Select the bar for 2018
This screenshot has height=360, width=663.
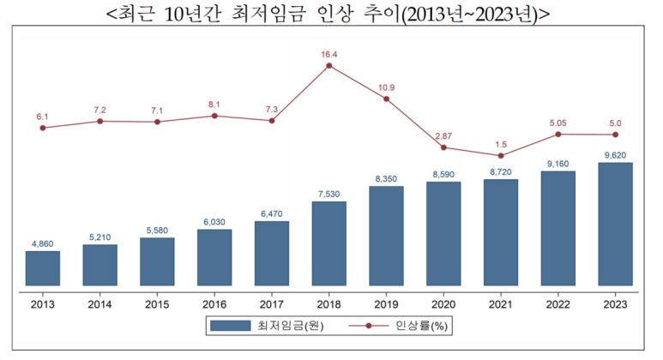[329, 243]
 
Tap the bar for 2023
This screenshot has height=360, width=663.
[615, 224]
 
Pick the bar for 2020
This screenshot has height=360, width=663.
[443, 233]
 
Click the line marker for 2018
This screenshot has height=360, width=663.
[329, 66]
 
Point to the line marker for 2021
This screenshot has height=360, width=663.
[501, 155]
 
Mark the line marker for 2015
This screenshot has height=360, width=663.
[157, 122]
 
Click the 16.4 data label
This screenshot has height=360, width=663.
[329, 54]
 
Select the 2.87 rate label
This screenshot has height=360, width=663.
[443, 135]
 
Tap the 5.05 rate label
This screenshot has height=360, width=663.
[558, 123]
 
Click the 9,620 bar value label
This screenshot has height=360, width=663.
[615, 155]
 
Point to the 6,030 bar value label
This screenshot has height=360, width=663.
[214, 222]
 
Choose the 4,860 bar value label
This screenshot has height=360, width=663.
[43, 244]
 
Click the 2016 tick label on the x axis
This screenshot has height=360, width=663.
[214, 303]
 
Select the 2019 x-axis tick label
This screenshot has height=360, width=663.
[386, 303]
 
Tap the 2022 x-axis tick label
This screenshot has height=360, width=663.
[558, 303]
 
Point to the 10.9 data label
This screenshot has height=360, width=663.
[386, 87]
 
